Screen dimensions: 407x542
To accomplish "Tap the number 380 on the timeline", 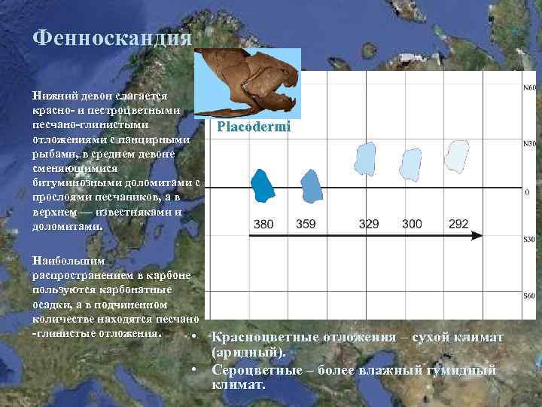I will click(263, 224).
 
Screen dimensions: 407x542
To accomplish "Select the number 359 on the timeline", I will click(306, 224).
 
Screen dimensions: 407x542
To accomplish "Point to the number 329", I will click(369, 224).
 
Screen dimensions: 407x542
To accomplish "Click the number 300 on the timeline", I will click(412, 224).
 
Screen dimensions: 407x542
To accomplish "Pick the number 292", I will click(458, 224).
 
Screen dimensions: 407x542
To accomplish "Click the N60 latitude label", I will click(529, 89).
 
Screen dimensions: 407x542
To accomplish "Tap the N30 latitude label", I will click(529, 143).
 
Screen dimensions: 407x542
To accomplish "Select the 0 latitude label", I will click(527, 191).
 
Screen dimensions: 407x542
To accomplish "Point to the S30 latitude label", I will click(529, 240).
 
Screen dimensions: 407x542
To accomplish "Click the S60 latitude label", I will click(529, 296).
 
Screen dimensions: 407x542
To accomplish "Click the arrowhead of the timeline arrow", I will click(477, 235).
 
